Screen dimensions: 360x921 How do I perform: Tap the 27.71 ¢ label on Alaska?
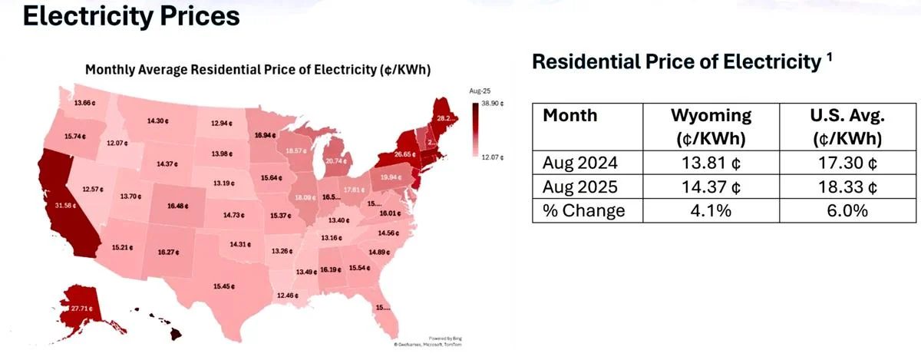tap(78, 309)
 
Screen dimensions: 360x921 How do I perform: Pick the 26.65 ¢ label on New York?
tap(403, 154)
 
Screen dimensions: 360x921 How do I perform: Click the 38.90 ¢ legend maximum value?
tap(492, 103)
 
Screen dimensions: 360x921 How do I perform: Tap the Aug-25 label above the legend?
tap(480, 91)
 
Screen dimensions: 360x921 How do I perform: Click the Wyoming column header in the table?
tap(711, 117)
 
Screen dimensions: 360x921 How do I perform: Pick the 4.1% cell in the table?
tap(711, 210)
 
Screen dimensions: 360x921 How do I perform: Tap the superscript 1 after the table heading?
tap(830, 58)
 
